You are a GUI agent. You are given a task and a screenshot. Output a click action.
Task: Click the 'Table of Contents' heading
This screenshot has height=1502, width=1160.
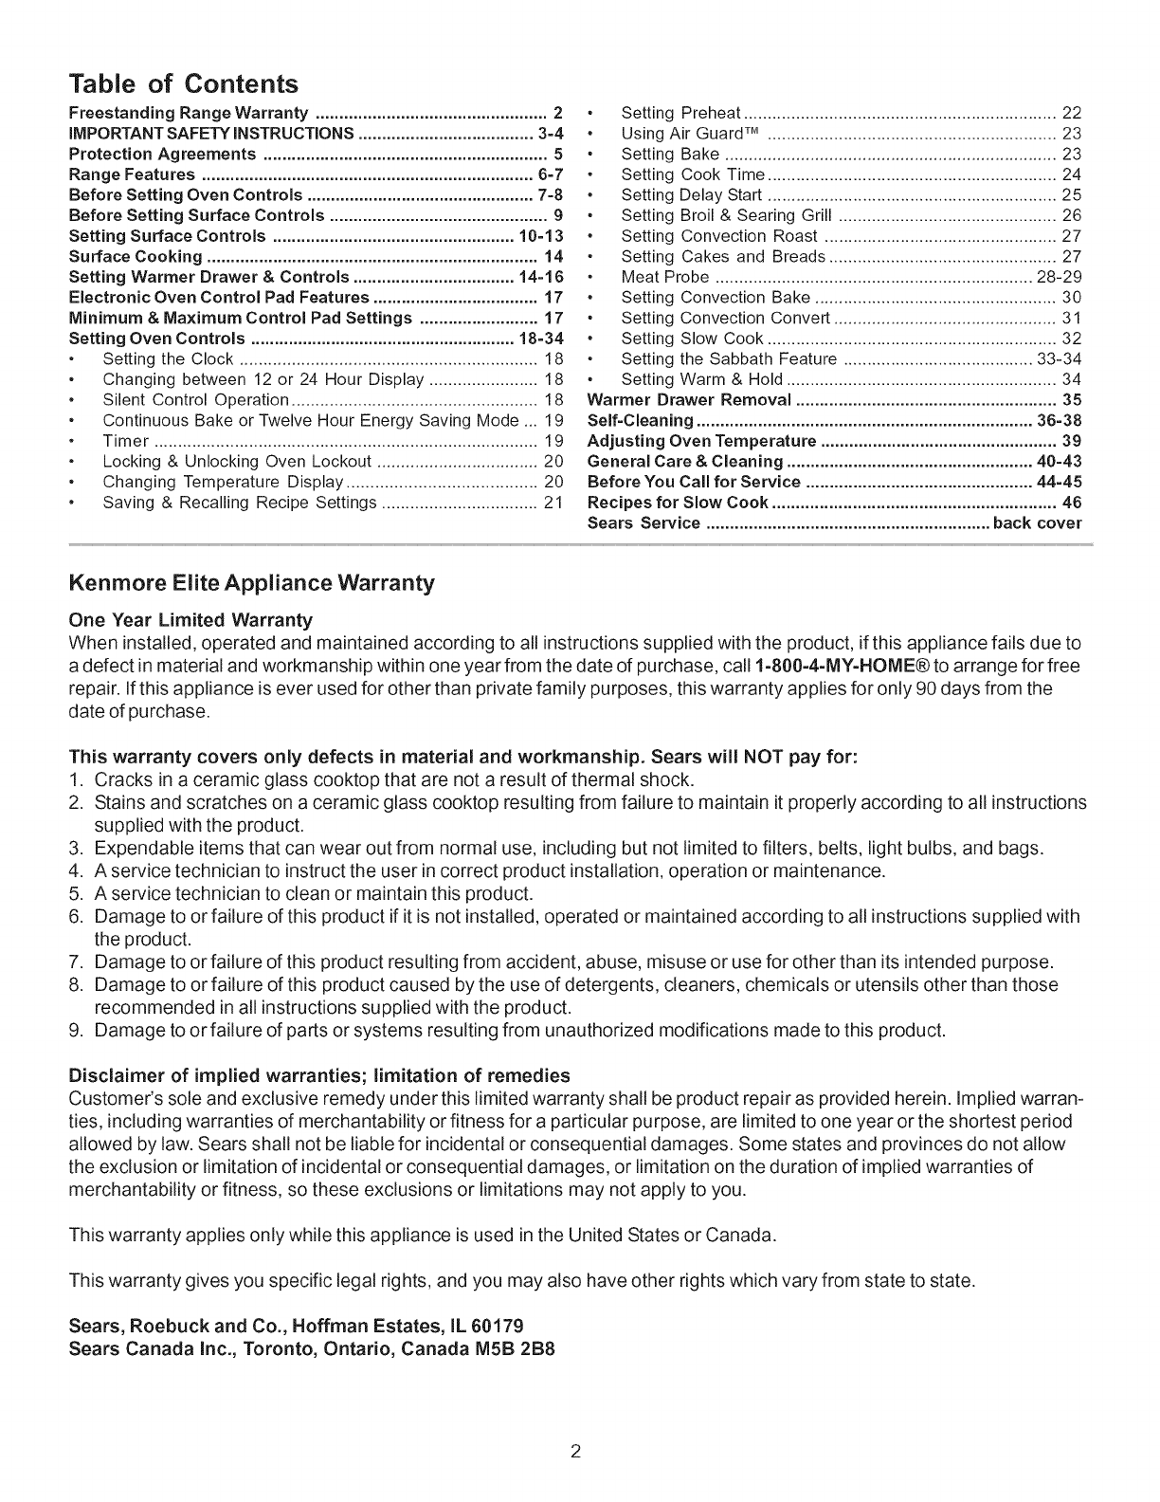click(x=184, y=84)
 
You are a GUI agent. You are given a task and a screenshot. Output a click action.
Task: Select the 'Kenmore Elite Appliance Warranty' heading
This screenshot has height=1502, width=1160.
click(x=252, y=582)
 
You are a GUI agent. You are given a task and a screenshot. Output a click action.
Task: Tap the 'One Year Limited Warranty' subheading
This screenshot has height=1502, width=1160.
click(x=190, y=620)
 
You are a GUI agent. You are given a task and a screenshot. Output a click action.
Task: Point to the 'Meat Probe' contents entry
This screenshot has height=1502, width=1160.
click(x=664, y=277)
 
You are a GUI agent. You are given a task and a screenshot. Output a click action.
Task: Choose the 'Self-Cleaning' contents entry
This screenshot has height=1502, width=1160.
click(x=641, y=420)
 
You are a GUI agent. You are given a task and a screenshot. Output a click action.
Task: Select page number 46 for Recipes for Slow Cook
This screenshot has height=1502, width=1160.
click(x=1072, y=503)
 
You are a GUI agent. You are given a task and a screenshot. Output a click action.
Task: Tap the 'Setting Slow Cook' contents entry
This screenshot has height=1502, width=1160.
click(x=692, y=339)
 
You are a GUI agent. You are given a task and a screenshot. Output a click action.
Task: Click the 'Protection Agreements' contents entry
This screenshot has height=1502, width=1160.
click(x=163, y=154)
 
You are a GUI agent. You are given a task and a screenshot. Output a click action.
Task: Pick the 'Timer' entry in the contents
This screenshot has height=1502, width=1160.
click(x=126, y=441)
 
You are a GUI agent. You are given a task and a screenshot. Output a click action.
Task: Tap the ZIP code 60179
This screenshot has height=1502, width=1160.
click(x=498, y=1324)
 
